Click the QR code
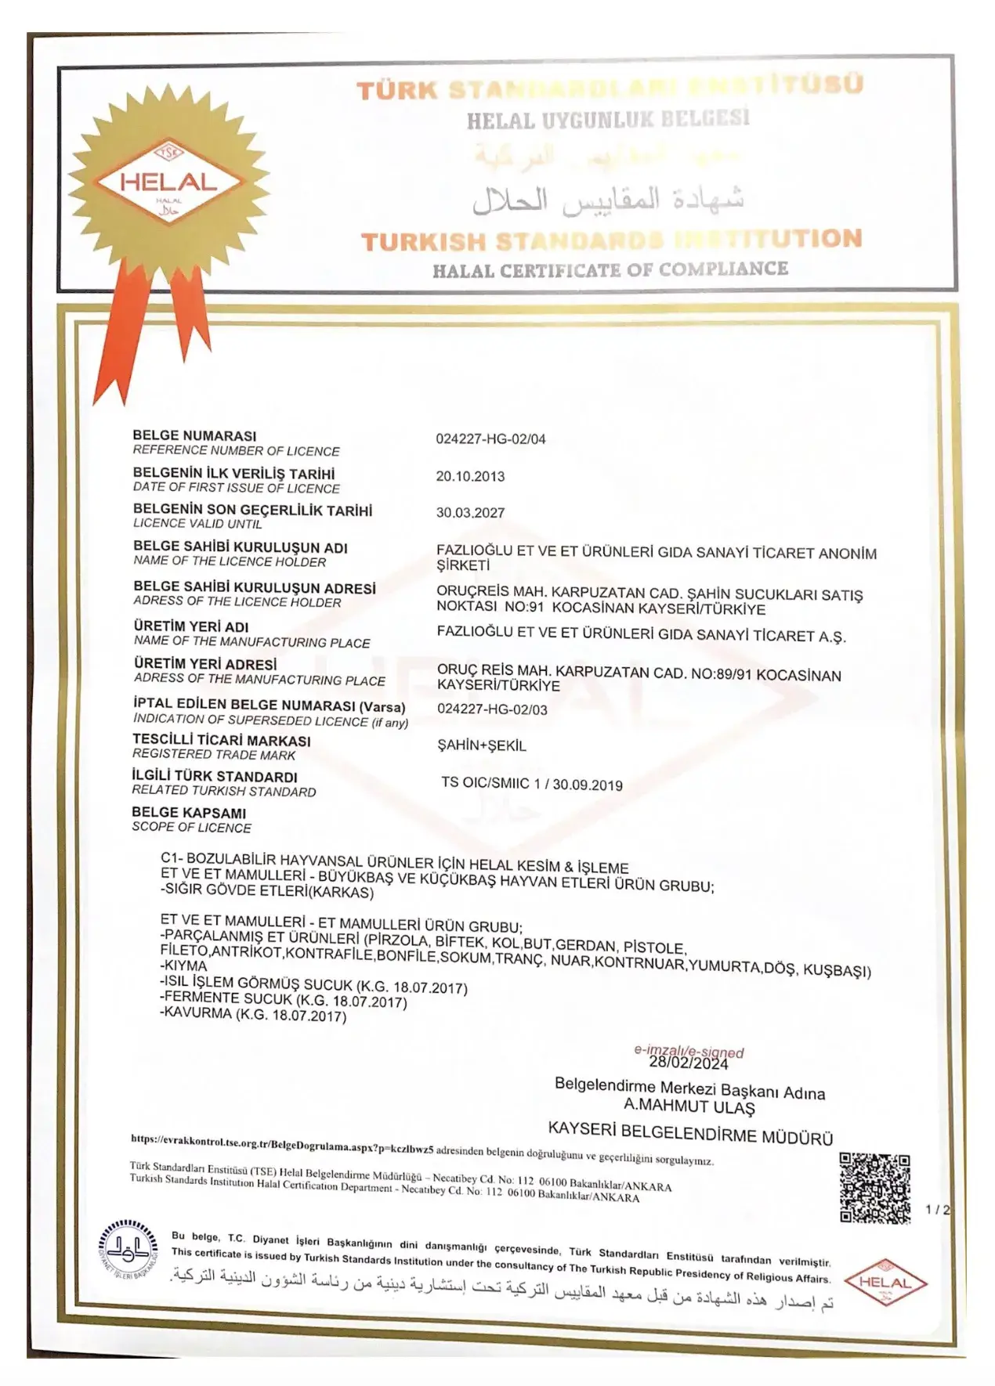click(874, 1187)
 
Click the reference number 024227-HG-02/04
click(490, 439)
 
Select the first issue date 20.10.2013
click(470, 476)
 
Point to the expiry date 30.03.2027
click(470, 513)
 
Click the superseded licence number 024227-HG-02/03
click(492, 709)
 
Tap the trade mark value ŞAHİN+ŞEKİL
click(481, 745)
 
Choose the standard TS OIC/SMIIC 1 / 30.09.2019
click(532, 784)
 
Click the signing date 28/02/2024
click(688, 1063)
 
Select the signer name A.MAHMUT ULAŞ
click(689, 1107)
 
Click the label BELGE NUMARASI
click(194, 435)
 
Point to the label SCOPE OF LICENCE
click(191, 827)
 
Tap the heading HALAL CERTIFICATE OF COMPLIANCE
click(610, 270)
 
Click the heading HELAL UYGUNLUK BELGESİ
click(608, 119)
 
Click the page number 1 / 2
click(937, 1209)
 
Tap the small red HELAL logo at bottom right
click(885, 1283)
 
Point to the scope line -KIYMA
click(184, 966)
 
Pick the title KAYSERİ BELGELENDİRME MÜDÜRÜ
click(689, 1134)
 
